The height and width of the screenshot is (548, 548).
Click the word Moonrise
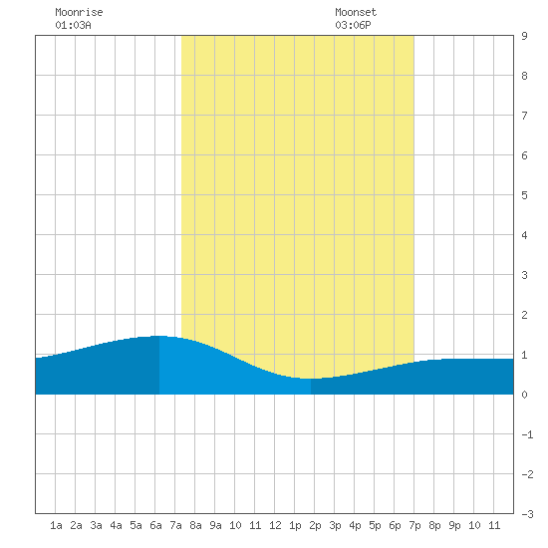point(79,12)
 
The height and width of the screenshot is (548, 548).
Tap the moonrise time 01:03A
point(73,25)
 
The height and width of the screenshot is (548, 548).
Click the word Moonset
point(356,12)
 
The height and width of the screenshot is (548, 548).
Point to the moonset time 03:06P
point(353,25)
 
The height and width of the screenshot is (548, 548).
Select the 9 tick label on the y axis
point(524,36)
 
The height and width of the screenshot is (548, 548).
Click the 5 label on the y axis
point(524,195)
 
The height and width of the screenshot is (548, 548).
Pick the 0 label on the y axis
point(524,395)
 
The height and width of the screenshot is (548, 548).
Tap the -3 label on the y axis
point(527,514)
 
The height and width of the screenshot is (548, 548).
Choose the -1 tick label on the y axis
point(527,434)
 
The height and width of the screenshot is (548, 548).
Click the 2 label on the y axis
point(524,315)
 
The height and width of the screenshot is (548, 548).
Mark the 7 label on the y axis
point(524,116)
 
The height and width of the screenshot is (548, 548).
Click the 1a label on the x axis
point(56,525)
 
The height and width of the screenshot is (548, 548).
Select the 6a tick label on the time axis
point(155,525)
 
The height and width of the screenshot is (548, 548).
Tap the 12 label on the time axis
point(275,525)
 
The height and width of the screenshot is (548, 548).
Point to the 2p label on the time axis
point(315,525)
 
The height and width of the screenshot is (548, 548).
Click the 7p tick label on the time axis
point(414,525)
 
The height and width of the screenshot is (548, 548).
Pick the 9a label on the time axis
point(215,525)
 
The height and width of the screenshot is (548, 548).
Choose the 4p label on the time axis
point(355,525)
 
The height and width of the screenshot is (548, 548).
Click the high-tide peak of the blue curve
point(159,336)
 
